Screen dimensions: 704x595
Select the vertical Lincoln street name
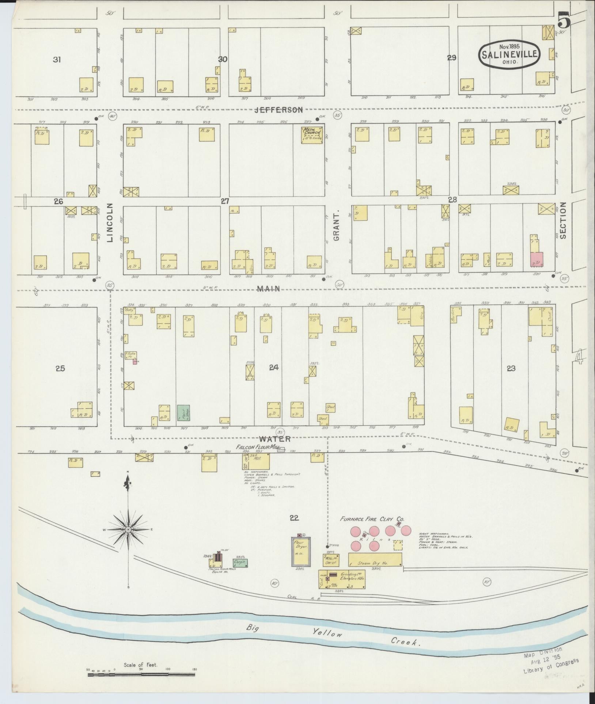click(110, 223)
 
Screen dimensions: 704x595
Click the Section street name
click(563, 220)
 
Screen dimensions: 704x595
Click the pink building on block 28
click(537, 259)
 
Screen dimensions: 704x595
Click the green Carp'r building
click(240, 573)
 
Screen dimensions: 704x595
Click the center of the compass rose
click(128, 529)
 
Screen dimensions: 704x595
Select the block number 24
click(274, 368)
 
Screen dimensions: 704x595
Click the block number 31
click(56, 60)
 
